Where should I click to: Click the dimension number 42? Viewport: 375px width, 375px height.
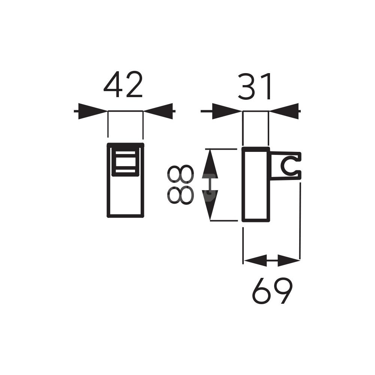[123, 84]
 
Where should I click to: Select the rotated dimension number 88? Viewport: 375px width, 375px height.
[180, 184]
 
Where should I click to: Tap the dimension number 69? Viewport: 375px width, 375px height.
[272, 290]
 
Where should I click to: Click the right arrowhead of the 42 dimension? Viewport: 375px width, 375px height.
[158, 111]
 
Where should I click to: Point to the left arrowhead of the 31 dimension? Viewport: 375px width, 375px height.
[227, 111]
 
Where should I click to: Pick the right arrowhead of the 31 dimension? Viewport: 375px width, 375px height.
[284, 111]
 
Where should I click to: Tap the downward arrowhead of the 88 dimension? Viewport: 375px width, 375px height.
[210, 205]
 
